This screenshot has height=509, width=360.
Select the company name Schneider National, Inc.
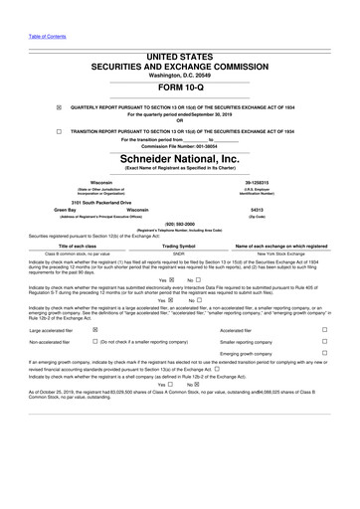(179, 157)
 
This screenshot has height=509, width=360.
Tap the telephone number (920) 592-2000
(179, 224)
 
